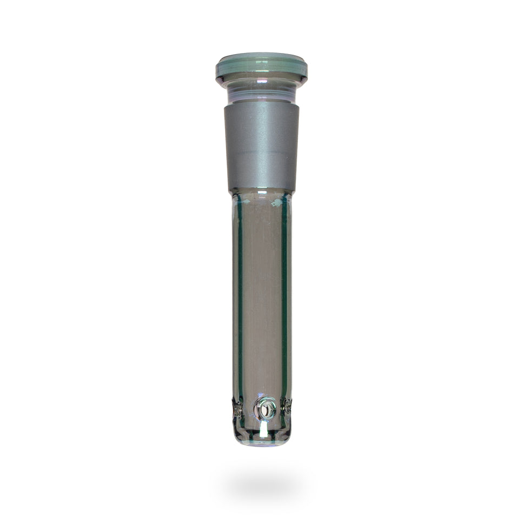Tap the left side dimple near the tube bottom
(236, 408)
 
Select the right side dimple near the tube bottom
(287, 407)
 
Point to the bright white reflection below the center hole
(263, 429)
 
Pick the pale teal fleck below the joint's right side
(278, 202)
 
